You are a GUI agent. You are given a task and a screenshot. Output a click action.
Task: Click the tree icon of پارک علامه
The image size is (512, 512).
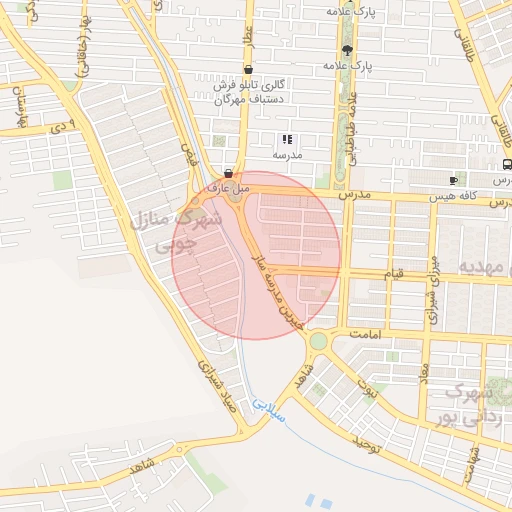(347, 50)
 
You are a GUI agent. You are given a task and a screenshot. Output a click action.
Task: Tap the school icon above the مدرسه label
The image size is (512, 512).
(286, 140)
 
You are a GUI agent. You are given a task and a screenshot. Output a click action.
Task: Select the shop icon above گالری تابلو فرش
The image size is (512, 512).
(247, 70)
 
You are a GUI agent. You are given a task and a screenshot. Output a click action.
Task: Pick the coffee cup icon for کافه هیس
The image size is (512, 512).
(454, 181)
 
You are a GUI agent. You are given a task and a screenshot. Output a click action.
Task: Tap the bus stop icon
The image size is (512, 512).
(507, 164)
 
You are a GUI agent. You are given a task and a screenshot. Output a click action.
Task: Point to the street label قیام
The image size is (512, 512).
(396, 273)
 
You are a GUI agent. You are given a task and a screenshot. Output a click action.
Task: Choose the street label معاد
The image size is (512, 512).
(424, 375)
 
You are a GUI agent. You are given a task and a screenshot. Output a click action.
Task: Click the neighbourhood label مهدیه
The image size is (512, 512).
(484, 267)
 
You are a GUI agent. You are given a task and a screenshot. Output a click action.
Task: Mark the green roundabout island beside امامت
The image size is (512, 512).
(318, 341)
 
